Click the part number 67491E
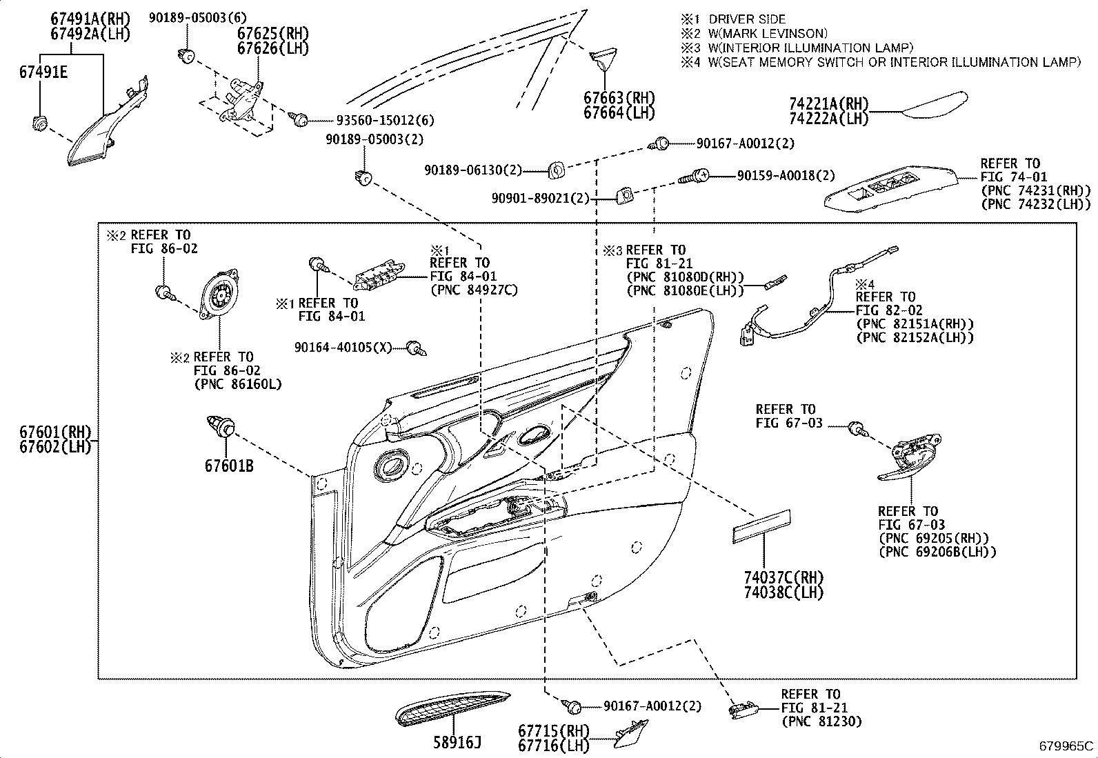[x=43, y=72]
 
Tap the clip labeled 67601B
[x=221, y=426]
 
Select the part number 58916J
[x=457, y=743]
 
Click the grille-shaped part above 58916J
[x=452, y=708]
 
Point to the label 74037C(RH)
[x=783, y=577]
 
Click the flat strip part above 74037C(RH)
[x=761, y=526]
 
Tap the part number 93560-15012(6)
[x=385, y=120]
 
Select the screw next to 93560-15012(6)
[x=299, y=118]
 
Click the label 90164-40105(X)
[x=343, y=348]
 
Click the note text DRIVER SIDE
[x=747, y=19]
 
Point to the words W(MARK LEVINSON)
[x=768, y=33]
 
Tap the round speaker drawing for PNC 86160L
[x=219, y=295]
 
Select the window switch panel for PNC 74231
[x=890, y=189]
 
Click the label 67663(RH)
[x=619, y=97]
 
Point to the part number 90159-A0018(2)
[x=786, y=175]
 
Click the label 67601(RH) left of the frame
[x=55, y=432]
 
